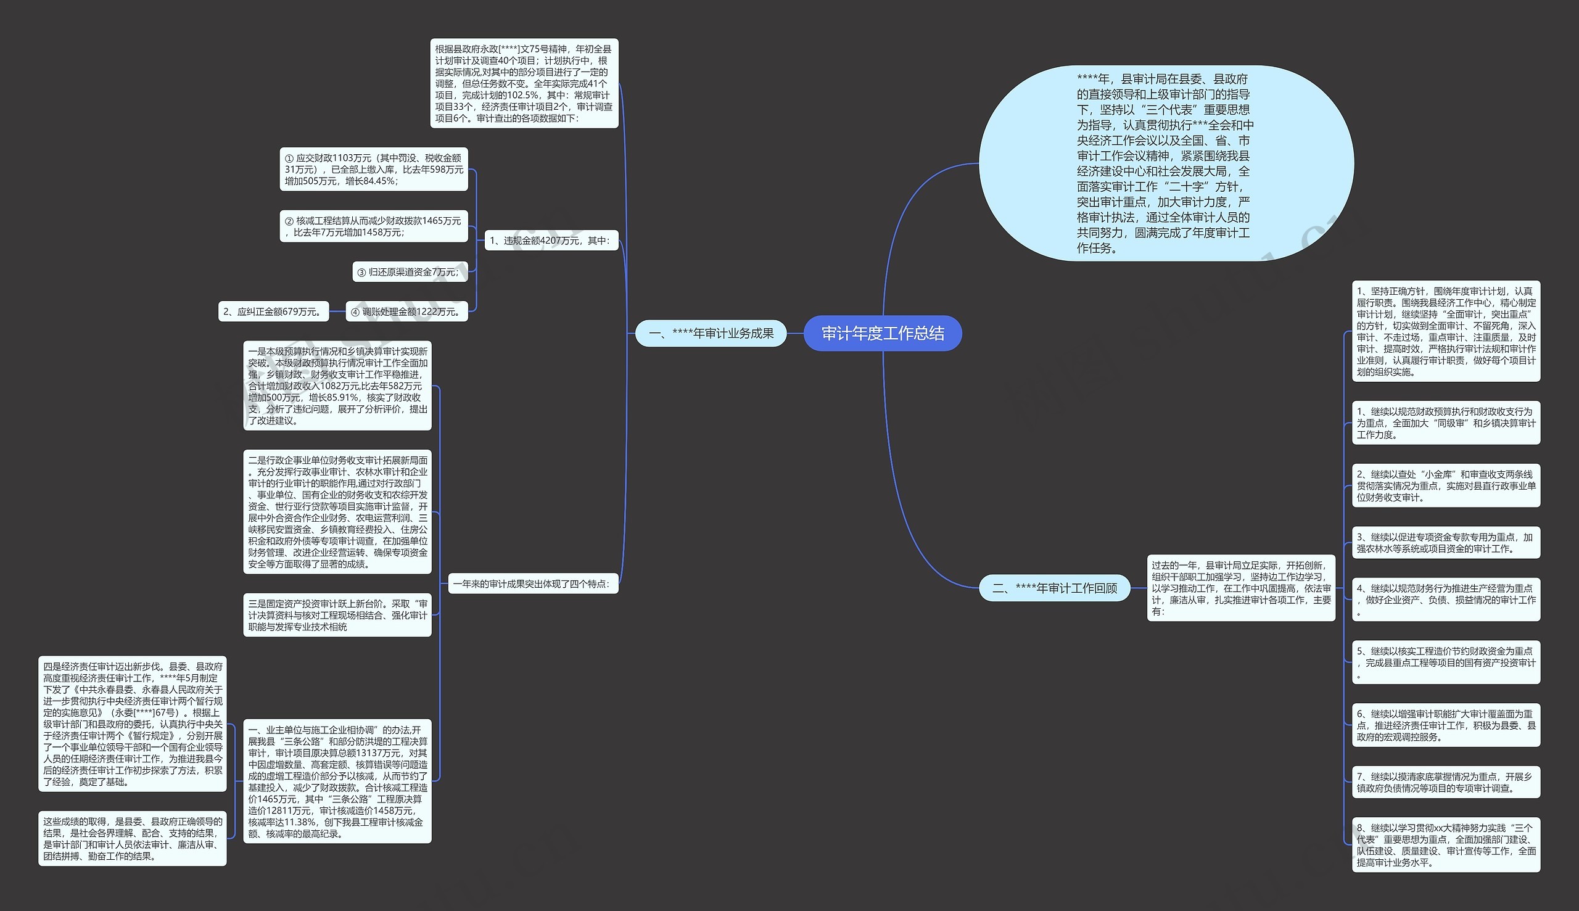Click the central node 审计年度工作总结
(x=882, y=334)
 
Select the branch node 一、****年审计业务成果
(x=711, y=334)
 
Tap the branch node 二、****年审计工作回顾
(x=1054, y=588)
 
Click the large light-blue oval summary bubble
(x=1166, y=163)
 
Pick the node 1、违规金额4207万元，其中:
(x=551, y=241)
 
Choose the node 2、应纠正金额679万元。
(x=273, y=311)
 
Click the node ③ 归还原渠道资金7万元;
(x=410, y=272)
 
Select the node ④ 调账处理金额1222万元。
(x=406, y=311)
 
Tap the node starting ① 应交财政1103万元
(x=374, y=170)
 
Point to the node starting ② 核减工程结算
(x=374, y=226)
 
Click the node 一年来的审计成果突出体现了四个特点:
(x=533, y=583)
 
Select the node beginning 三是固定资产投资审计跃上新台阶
(x=337, y=615)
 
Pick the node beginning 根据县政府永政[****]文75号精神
(x=524, y=83)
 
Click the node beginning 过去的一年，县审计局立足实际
(x=1241, y=588)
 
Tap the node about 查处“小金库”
(x=1446, y=485)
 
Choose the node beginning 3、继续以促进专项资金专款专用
(x=1446, y=543)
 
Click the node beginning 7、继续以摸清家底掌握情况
(x=1446, y=782)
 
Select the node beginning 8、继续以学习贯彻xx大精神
(x=1446, y=844)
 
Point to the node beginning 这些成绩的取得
(x=133, y=838)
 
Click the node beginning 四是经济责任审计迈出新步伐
(x=133, y=724)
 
